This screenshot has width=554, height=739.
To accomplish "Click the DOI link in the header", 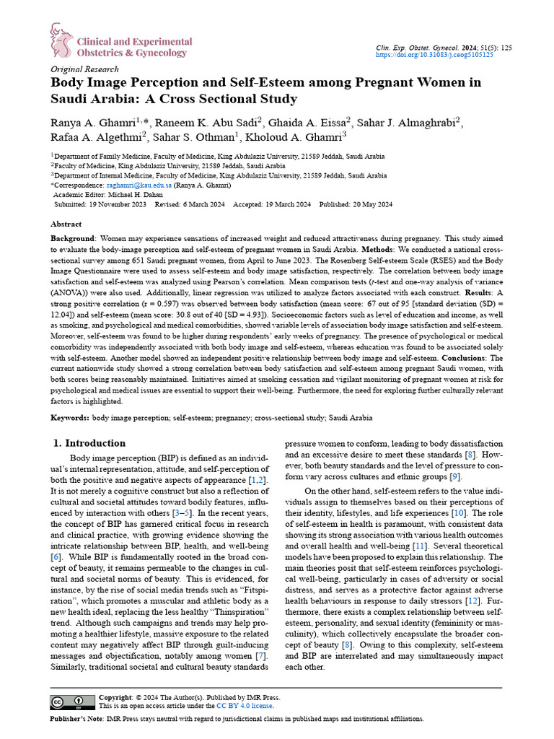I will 435,54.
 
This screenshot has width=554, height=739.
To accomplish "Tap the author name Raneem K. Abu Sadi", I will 211,121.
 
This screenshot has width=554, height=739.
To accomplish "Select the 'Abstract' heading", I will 66,224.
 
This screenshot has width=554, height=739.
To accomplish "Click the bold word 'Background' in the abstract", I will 72,238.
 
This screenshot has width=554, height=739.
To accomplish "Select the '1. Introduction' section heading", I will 90,443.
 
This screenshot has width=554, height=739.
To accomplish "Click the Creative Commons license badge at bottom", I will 71,702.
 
